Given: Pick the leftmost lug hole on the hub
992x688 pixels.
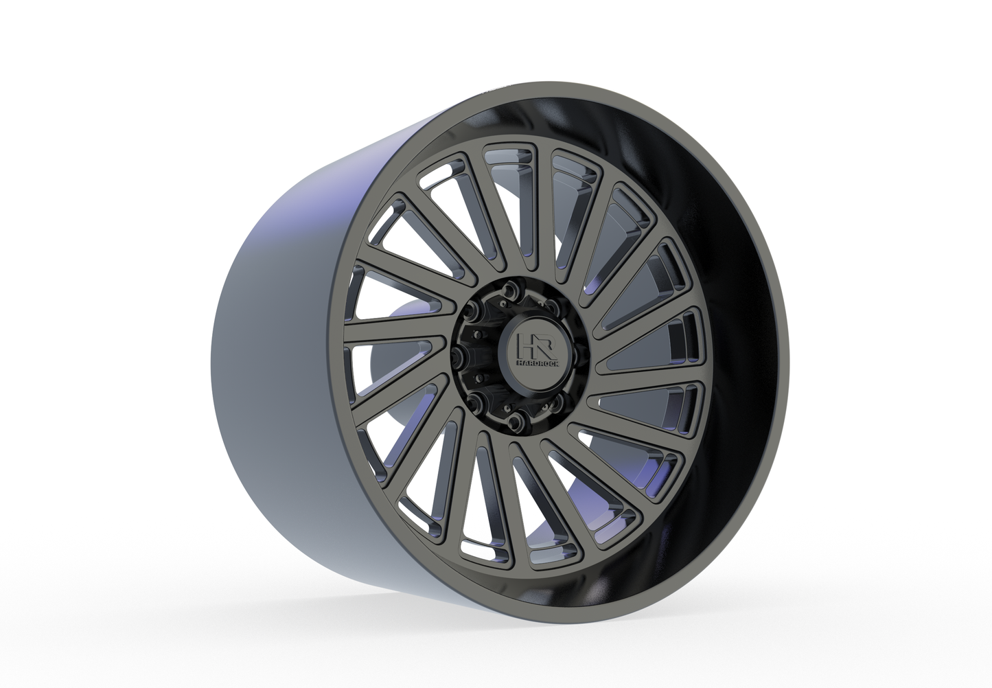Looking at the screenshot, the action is (x=459, y=354).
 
